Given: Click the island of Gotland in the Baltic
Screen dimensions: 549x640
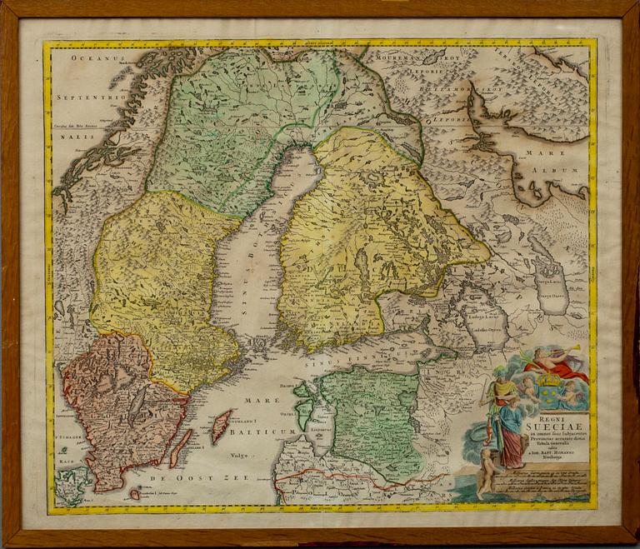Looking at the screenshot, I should pyautogui.click(x=221, y=426).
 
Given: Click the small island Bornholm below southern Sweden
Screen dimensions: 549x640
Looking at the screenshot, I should pyautogui.click(x=135, y=493).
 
